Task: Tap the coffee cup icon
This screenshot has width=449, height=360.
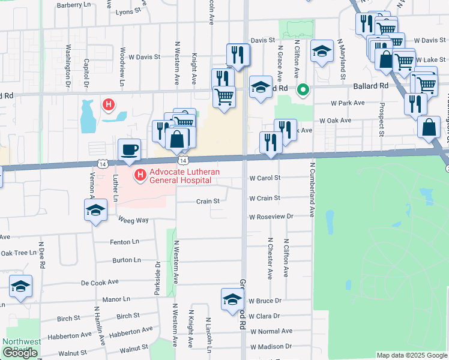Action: (129, 149)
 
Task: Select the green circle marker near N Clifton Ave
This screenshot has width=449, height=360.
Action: (304, 91)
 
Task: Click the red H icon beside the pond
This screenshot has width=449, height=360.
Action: (109, 106)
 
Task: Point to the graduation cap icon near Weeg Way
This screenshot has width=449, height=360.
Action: (95, 211)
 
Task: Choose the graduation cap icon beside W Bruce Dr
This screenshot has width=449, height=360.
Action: (232, 299)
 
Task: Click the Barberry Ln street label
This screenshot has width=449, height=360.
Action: (73, 5)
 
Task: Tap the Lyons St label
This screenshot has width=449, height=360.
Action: (132, 11)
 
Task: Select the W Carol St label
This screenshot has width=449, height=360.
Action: (265, 178)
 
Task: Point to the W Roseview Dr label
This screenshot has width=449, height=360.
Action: (271, 216)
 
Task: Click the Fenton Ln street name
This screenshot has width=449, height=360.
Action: (125, 242)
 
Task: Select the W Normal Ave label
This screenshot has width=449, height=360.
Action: (271, 331)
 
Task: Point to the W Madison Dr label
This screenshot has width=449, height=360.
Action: (271, 346)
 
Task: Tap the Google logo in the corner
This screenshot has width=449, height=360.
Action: (20, 353)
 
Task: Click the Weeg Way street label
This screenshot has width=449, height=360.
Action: (133, 220)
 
